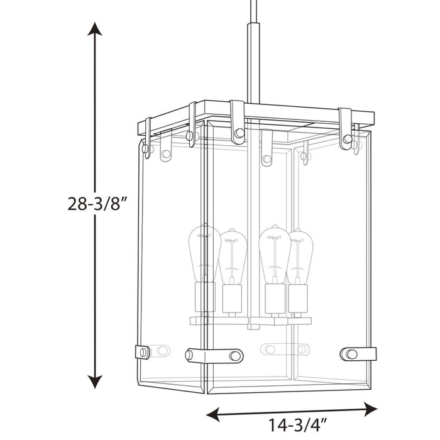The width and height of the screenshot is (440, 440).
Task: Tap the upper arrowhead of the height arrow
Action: click(94, 31)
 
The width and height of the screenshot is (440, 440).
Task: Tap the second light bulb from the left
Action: click(232, 255)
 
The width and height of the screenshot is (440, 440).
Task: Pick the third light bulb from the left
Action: click(274, 251)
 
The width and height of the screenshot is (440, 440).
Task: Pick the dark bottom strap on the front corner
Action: click(214, 355)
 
